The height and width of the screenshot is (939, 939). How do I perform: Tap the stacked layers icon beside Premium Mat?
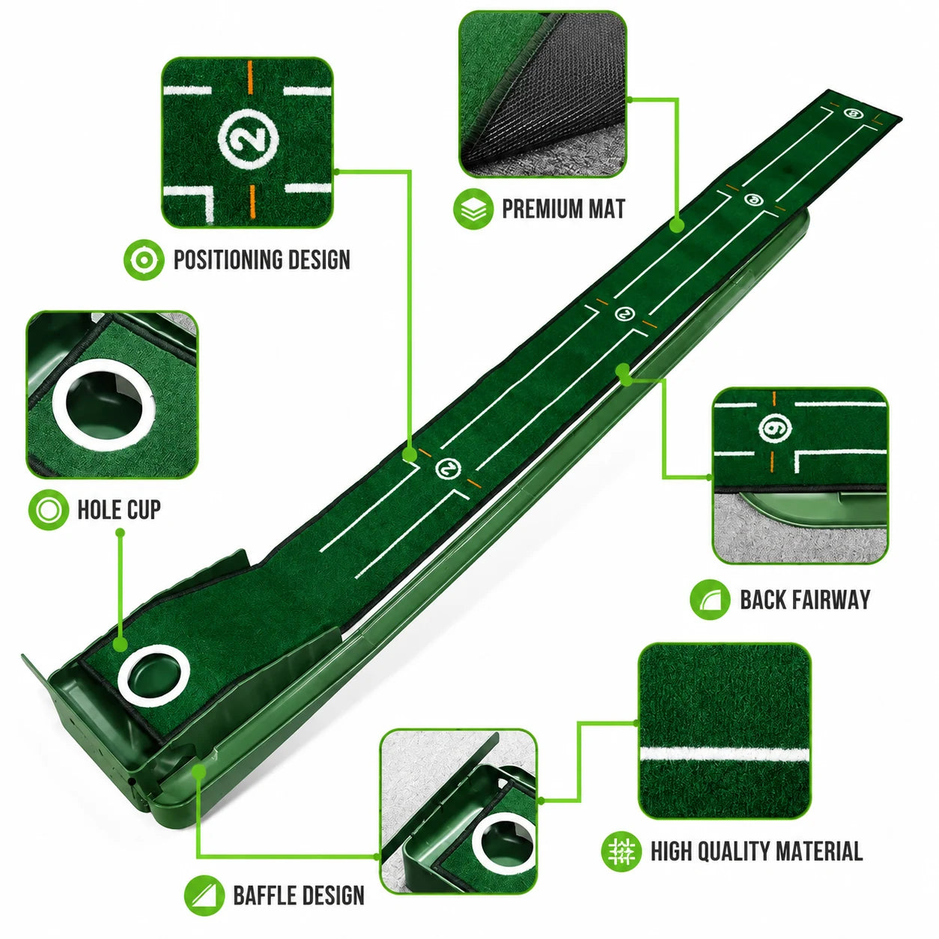point(473,209)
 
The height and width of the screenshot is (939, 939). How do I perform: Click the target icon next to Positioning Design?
point(145,259)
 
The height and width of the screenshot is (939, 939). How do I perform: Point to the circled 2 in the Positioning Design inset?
point(248,139)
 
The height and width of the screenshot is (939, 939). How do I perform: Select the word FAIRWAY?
point(829,599)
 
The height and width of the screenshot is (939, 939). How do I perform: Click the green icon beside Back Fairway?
point(710,599)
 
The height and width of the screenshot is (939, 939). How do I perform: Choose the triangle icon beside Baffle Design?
point(204,896)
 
